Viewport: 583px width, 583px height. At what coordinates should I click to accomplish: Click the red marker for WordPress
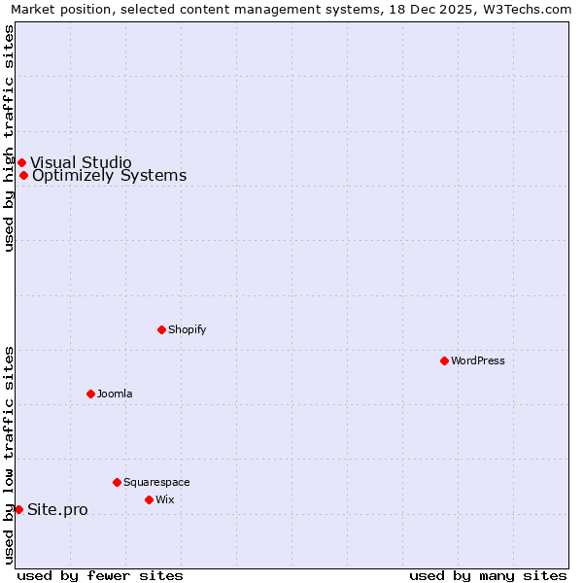pyautogui.click(x=444, y=360)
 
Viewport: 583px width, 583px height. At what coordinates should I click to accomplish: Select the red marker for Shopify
pyautogui.click(x=161, y=329)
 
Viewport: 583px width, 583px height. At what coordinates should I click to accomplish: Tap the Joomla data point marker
pyautogui.click(x=90, y=394)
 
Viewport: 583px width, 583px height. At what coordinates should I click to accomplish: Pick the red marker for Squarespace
pyautogui.click(x=117, y=482)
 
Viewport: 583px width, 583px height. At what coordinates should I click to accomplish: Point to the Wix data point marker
pyautogui.click(x=149, y=499)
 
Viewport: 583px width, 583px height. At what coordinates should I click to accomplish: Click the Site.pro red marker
pyautogui.click(x=18, y=509)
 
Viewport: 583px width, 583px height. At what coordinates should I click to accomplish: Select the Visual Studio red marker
pyautogui.click(x=21, y=162)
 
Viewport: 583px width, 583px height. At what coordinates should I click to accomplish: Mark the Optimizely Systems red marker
pyautogui.click(x=23, y=175)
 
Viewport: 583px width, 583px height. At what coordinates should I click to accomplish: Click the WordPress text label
pyautogui.click(x=478, y=360)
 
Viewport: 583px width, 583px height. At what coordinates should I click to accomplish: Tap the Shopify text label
pyautogui.click(x=188, y=329)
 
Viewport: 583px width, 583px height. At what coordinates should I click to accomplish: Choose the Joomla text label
pyautogui.click(x=115, y=394)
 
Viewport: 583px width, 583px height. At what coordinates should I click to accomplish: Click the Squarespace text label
pyautogui.click(x=156, y=482)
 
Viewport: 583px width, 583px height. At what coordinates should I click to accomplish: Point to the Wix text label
pyautogui.click(x=165, y=499)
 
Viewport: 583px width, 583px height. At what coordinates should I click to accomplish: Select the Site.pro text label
pyautogui.click(x=57, y=510)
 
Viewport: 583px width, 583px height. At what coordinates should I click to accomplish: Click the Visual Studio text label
pyautogui.click(x=81, y=162)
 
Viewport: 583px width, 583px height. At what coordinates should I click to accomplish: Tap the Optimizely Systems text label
pyautogui.click(x=109, y=176)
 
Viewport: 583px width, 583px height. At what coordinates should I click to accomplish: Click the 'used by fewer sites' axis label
pyautogui.click(x=100, y=575)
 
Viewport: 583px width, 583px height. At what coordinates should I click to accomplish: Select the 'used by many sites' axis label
pyautogui.click(x=488, y=575)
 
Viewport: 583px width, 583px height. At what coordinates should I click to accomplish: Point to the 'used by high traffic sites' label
pyautogui.click(x=10, y=138)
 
